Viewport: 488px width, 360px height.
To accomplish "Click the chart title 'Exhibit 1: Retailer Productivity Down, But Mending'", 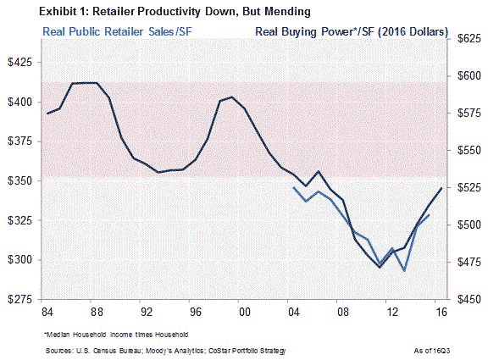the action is (175, 12).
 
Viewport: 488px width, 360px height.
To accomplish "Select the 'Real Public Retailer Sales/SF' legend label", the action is (117, 31).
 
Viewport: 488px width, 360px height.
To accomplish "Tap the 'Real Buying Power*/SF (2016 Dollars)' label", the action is (352, 31).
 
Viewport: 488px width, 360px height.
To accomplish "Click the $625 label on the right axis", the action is (469, 39).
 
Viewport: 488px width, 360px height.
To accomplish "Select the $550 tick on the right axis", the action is (469, 150).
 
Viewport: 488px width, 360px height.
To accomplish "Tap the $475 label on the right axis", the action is (469, 262).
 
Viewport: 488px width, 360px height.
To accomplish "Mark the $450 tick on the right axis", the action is (469, 299).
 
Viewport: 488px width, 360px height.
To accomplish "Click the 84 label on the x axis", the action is (47, 312).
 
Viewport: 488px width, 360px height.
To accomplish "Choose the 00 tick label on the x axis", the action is (245, 312).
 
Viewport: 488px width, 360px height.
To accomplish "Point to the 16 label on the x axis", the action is (441, 312).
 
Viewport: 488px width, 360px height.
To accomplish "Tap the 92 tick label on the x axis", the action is (147, 312).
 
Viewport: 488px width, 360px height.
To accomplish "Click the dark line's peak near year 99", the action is (231, 97).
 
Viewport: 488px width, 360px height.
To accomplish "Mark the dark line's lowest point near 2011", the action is (380, 268).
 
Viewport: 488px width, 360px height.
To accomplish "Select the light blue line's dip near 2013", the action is (404, 271).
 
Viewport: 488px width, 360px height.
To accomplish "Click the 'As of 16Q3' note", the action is (432, 351).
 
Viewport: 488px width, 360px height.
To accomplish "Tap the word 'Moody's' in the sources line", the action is (158, 351).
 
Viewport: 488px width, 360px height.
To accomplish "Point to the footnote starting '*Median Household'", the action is (116, 335).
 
